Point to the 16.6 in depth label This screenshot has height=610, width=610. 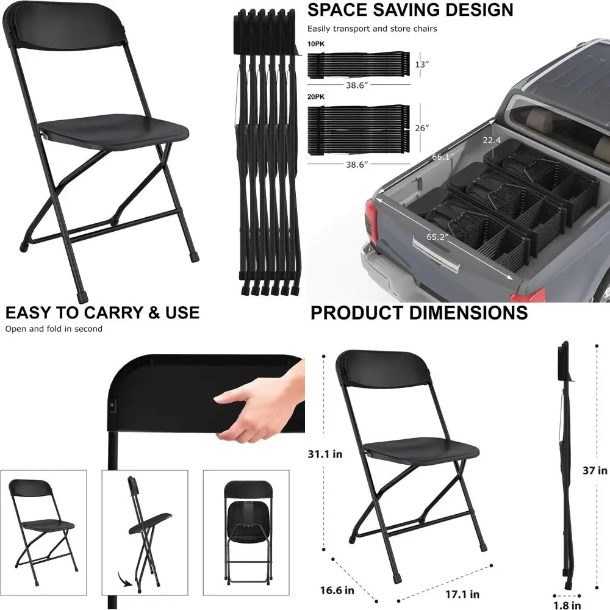click(336, 590)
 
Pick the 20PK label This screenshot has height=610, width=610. click(316, 97)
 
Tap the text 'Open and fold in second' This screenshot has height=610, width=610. click(54, 329)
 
